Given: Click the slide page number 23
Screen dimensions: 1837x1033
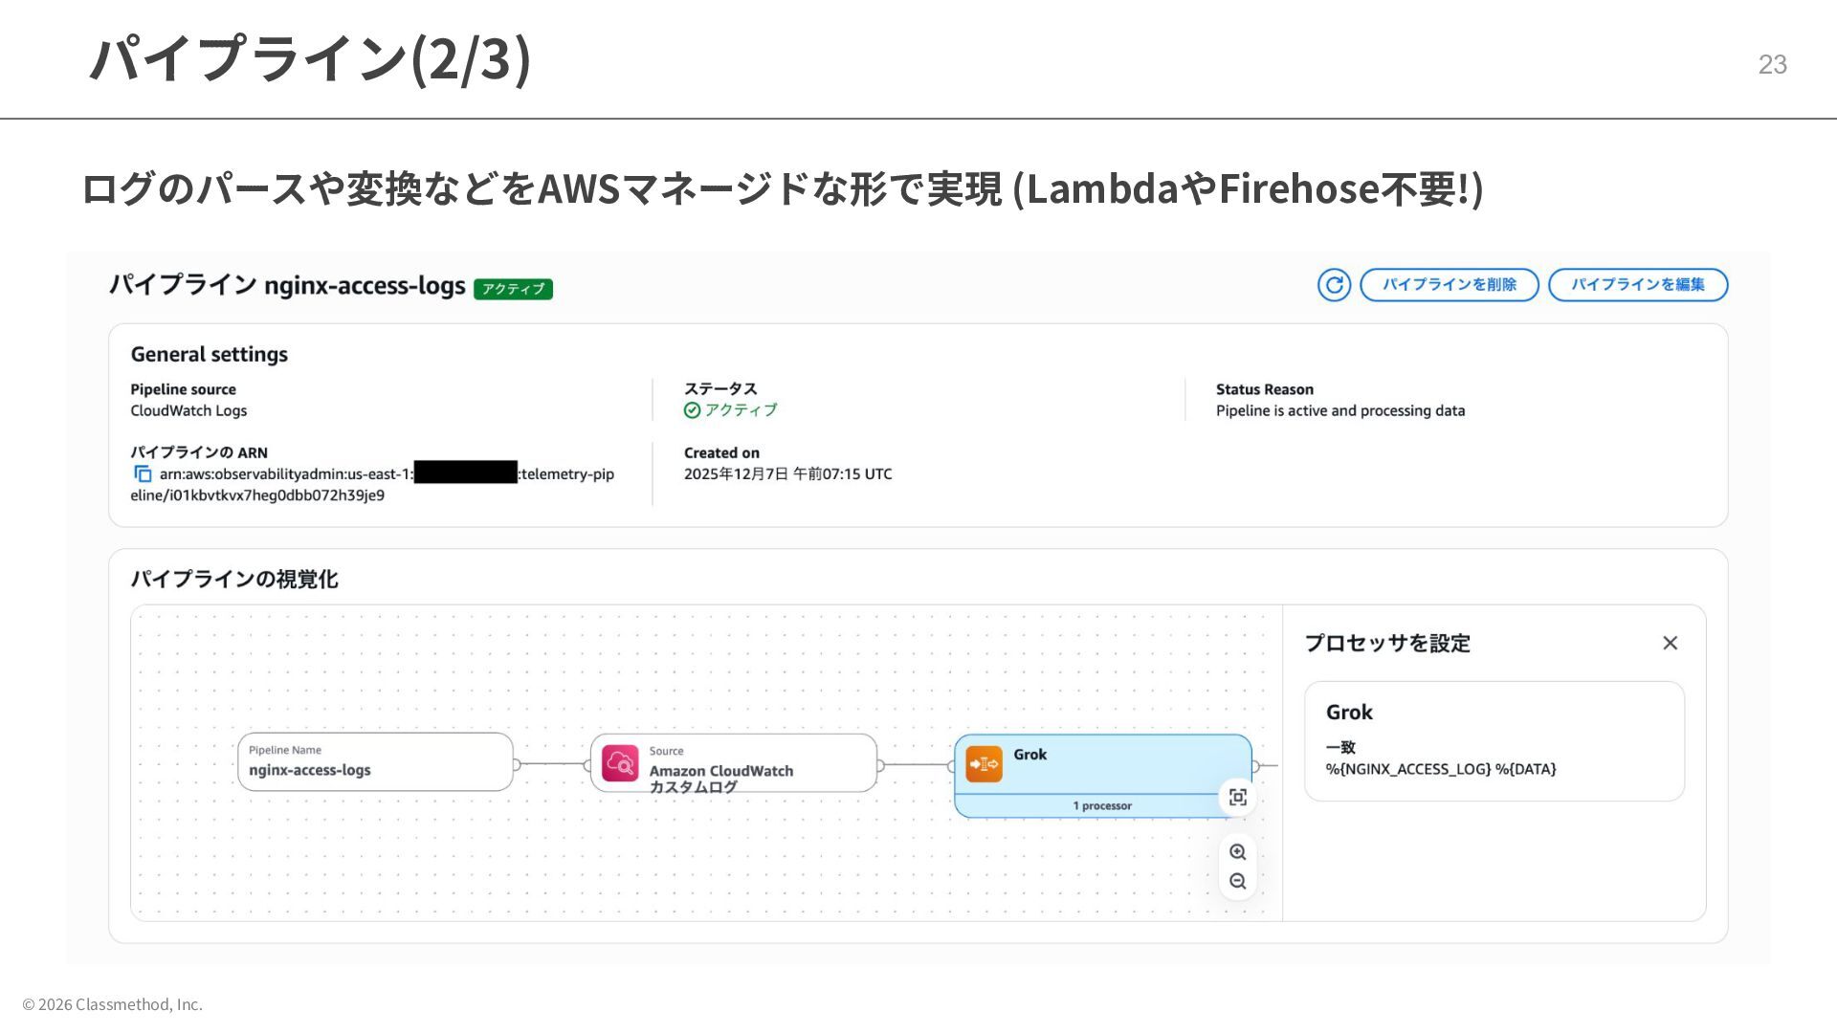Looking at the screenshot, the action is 1772,64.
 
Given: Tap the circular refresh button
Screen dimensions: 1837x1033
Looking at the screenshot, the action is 1334,285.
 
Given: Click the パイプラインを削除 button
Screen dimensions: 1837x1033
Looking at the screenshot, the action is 1449,285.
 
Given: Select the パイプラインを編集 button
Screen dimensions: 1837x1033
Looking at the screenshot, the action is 1637,285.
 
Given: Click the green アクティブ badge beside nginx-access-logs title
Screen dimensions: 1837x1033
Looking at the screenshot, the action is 513,289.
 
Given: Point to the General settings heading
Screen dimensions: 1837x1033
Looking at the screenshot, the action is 210,355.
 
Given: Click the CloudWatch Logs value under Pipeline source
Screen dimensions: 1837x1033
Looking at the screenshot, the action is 188,411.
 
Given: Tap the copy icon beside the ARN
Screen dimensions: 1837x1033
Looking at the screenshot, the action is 143,474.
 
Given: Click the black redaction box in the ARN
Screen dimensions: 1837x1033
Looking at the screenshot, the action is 466,473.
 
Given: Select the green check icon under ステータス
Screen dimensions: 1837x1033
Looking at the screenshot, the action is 692,410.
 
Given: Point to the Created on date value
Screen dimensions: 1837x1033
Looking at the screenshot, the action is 787,474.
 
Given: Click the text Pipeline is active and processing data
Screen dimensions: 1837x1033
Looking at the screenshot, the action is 1339,411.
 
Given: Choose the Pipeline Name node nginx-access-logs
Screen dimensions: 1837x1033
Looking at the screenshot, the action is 375,762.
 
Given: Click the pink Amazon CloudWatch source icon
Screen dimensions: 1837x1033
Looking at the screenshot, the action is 620,763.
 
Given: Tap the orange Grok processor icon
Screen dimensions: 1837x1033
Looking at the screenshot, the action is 984,764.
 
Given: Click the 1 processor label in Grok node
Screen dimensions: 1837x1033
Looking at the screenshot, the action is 1102,806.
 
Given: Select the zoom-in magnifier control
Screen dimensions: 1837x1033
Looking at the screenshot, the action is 1237,852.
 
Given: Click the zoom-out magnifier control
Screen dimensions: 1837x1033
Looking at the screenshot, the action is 1237,882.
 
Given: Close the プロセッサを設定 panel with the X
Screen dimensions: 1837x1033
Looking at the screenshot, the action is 1670,644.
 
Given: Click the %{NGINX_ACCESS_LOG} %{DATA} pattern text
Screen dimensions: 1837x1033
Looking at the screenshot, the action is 1440,769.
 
